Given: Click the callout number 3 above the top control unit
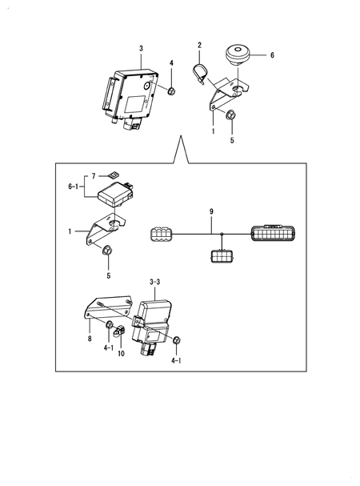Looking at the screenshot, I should (x=141, y=49).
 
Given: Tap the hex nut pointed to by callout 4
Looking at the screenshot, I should (x=171, y=90).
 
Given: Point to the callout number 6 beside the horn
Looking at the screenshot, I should (x=271, y=56).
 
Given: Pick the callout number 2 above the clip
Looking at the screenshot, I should (x=200, y=45).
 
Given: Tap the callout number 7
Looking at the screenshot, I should (x=93, y=175).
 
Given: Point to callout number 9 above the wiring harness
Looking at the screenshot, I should (x=211, y=211).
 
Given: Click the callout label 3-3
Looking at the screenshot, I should (x=156, y=283).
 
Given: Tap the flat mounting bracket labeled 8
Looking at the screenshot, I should (x=107, y=308).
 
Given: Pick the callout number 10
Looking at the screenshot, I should (x=121, y=352).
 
